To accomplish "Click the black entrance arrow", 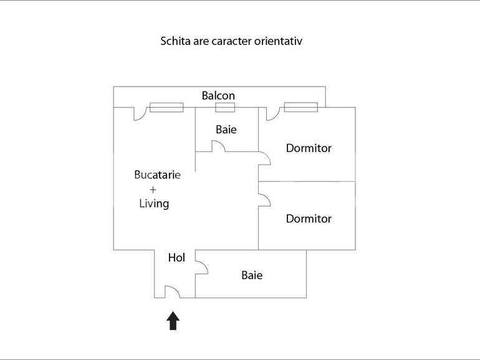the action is pos(173,321).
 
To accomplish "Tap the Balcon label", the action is pos(218,96).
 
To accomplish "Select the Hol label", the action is pos(176,257).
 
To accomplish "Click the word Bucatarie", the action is pos(157,174).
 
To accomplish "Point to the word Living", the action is pos(154,204).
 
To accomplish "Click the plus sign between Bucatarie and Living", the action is pos(153,189).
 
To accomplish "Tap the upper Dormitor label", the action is pos(309,148).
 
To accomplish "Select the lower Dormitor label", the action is pos(309,219).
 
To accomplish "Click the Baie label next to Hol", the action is pos(252,275).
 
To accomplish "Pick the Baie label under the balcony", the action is pos(226,130).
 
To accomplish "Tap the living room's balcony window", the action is pos(166,107).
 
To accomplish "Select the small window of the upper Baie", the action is pos(225,107).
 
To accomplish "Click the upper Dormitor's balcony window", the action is pos(301,107).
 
